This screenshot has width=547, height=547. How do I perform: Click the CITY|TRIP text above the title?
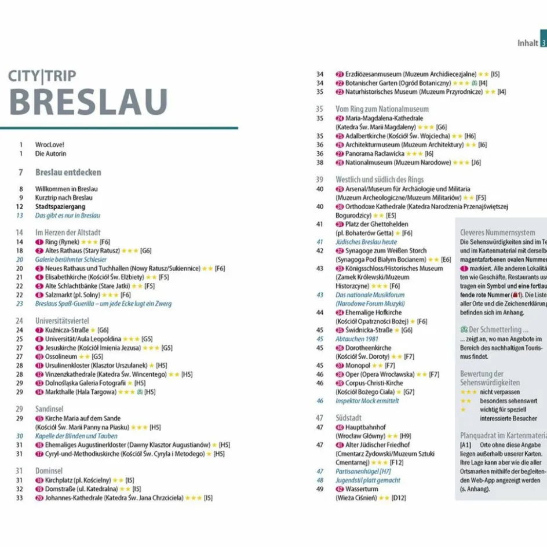tap(42, 75)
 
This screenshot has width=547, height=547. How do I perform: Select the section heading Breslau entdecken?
tap(68, 172)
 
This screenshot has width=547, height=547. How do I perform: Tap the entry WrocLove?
tap(50, 144)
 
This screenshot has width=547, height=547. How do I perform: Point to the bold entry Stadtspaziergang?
tap(60, 206)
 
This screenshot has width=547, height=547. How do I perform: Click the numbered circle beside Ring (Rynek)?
tap(39, 242)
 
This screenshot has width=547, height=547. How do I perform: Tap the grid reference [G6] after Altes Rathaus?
tap(145, 250)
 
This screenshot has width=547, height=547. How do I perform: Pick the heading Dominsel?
tap(49, 471)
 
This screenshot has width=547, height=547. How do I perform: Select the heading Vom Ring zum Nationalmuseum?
tap(382, 109)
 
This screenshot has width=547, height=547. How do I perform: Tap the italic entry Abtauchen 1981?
tap(358, 339)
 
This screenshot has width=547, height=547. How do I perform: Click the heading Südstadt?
tap(348, 417)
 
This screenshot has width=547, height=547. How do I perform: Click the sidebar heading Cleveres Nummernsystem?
tap(497, 232)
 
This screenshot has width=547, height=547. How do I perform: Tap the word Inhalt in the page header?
tap(527, 43)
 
